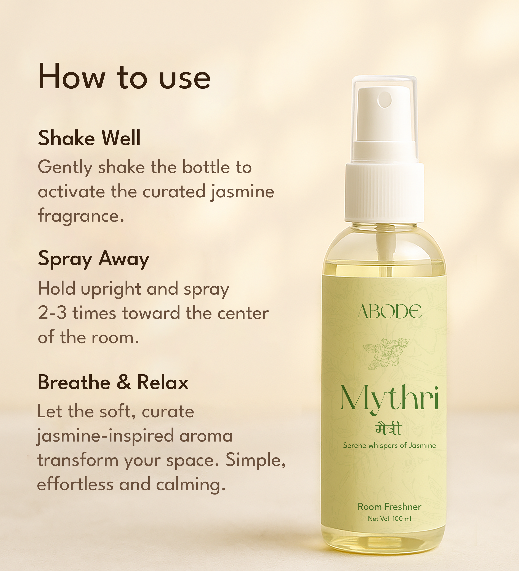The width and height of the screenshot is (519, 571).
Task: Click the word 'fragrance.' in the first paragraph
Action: pos(81,216)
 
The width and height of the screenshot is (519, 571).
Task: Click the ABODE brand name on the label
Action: pos(389,312)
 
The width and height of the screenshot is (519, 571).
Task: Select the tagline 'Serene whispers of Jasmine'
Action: pos(389,445)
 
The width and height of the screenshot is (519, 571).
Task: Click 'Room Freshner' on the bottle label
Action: pos(389,507)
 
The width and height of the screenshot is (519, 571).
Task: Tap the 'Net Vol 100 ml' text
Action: pos(389,519)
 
